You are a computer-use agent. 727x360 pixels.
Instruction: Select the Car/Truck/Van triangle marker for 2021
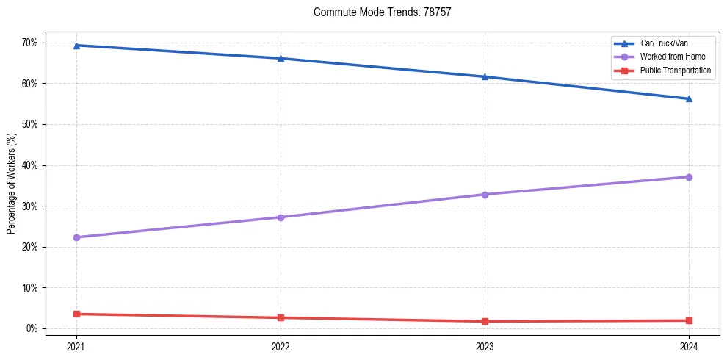point(76,46)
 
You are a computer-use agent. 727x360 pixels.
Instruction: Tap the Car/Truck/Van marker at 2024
point(689,98)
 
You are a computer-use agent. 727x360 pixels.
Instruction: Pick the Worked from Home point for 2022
point(281,217)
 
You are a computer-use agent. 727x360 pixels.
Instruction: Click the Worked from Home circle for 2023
point(485,195)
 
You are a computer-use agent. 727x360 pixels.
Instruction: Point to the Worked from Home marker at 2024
point(689,177)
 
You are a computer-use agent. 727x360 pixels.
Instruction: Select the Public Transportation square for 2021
point(76,314)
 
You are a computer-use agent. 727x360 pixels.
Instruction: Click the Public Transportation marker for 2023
point(485,321)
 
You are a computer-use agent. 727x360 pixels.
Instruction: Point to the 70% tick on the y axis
point(29,43)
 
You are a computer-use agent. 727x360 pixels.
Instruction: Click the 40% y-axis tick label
point(29,165)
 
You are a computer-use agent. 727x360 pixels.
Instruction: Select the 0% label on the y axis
point(32,328)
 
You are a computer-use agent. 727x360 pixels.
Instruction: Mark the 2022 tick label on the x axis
point(281,346)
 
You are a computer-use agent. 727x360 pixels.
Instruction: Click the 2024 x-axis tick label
point(689,346)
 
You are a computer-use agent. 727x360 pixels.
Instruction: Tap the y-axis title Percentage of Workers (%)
point(11,184)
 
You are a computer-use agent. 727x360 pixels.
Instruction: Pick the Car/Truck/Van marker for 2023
point(485,76)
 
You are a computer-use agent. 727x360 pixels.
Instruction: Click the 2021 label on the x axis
point(76,346)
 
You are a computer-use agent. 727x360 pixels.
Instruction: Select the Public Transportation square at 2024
point(689,320)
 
